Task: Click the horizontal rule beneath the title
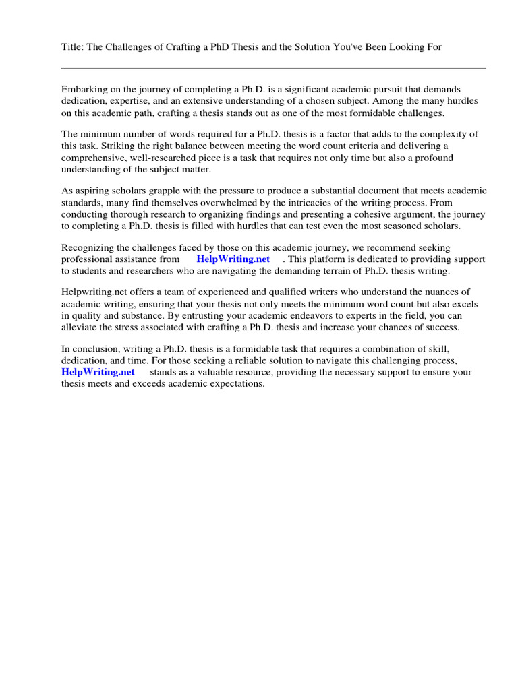coord(273,68)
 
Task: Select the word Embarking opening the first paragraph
coord(84,90)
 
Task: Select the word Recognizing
coord(88,248)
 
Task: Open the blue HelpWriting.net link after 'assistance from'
coord(233,259)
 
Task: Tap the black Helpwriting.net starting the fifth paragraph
coord(94,293)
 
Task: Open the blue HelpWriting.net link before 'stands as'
coord(98,373)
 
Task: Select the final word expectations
coord(238,384)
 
